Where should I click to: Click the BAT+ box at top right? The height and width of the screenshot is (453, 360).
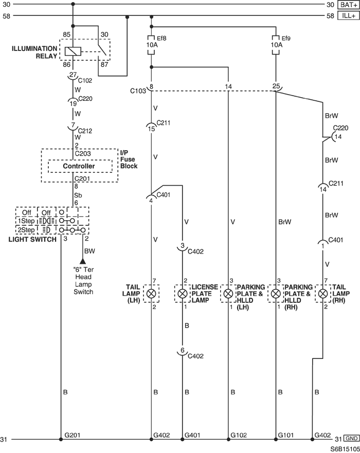pos(349,5)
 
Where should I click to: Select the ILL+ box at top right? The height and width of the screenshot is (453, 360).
pos(349,15)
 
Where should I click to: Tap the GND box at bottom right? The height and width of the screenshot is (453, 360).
pos(351,438)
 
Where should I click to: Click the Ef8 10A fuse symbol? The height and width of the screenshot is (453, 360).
pos(151,45)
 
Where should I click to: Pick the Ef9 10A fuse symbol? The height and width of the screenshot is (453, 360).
pos(276,45)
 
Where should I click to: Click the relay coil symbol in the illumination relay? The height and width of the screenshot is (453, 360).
pos(73,51)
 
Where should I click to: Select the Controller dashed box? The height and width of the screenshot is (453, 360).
pos(80,166)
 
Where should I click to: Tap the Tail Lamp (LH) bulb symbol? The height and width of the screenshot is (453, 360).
pos(151,294)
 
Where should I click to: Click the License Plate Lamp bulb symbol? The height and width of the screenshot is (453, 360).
pos(182,294)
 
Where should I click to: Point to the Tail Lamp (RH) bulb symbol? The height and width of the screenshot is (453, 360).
pos(323,294)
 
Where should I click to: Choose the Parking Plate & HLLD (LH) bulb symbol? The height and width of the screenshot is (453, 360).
pos(228,294)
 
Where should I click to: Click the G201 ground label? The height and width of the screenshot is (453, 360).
pos(72,435)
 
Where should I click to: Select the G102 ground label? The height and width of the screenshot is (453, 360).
pos(239,435)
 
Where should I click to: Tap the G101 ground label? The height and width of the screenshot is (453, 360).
pos(286,435)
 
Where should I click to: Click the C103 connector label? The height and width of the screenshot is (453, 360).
pos(138,91)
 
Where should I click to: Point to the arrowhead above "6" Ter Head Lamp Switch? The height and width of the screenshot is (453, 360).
pos(83,261)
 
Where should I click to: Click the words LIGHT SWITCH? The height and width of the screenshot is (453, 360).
pos(32,239)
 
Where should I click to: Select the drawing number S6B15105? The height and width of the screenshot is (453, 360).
pos(345,449)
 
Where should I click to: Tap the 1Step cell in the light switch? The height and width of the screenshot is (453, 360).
pos(26,221)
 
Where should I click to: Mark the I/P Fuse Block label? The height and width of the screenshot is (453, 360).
pos(129,159)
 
